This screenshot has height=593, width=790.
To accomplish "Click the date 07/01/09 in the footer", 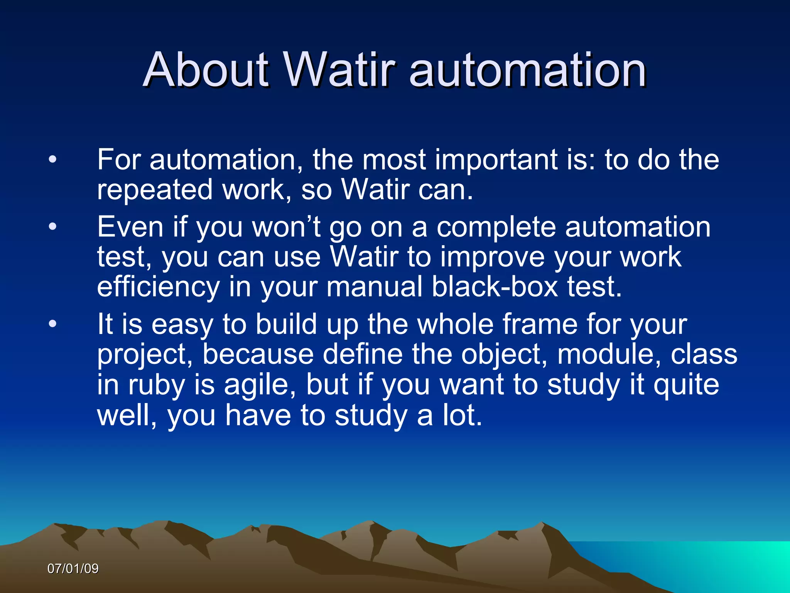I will [x=73, y=569].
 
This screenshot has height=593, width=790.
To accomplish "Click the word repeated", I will [x=155, y=190].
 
